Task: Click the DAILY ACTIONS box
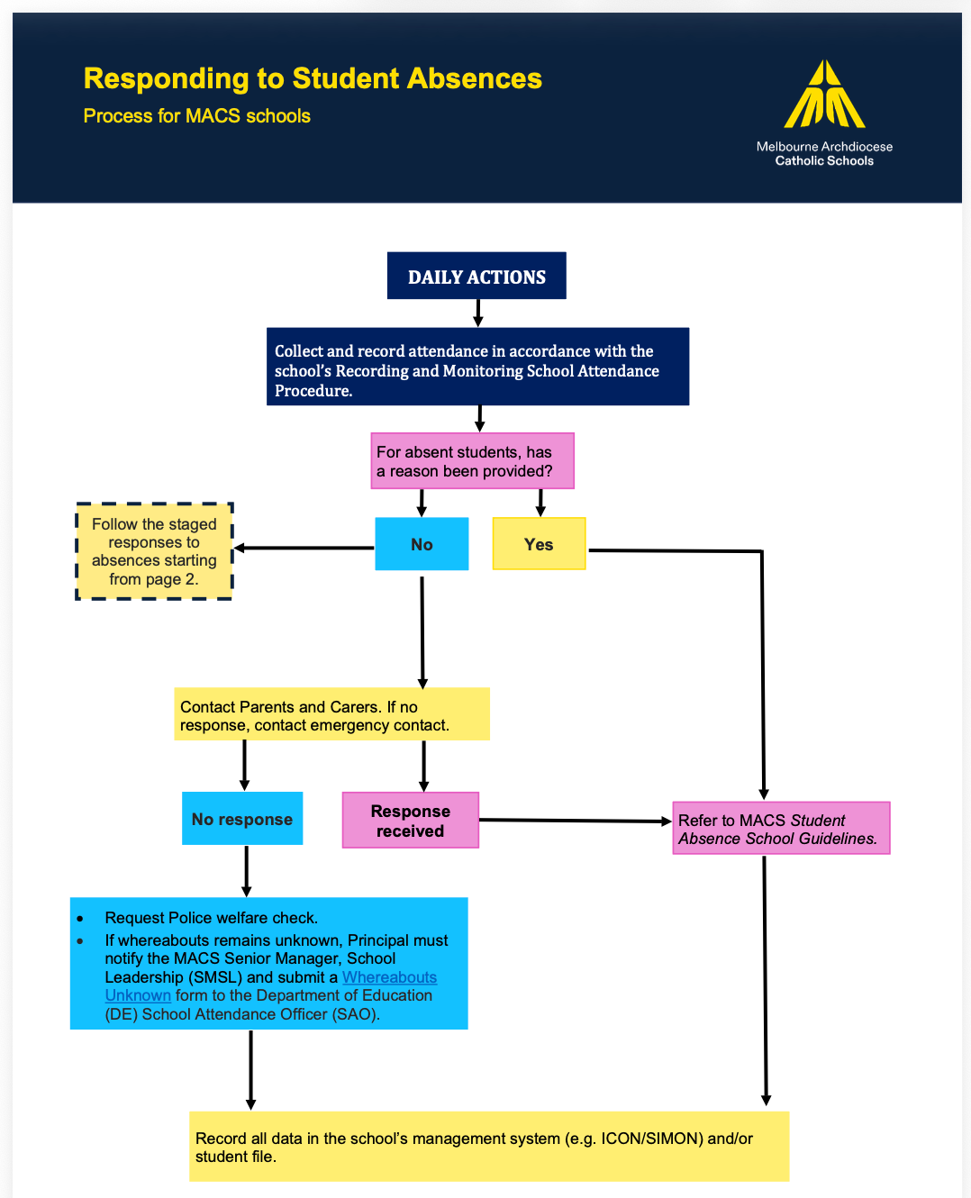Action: click(476, 276)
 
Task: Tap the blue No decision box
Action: click(422, 544)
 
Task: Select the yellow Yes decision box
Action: click(539, 544)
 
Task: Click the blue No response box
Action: click(242, 819)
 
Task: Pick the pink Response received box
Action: click(410, 821)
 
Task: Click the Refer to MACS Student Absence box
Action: click(781, 829)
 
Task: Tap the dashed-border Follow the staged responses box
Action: click(154, 551)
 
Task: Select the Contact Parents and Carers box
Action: click(331, 715)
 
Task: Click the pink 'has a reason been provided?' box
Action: click(472, 461)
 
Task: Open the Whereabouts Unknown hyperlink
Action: click(389, 978)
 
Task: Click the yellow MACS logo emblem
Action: click(824, 95)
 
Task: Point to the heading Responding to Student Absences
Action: click(313, 78)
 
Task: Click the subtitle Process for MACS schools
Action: click(196, 116)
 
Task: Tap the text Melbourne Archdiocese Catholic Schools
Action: click(824, 154)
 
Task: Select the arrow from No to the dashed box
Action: click(304, 548)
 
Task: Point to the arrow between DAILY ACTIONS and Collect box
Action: click(478, 313)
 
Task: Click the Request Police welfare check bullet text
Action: click(211, 918)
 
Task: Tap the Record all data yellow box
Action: click(489, 1147)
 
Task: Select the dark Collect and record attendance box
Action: click(477, 368)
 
